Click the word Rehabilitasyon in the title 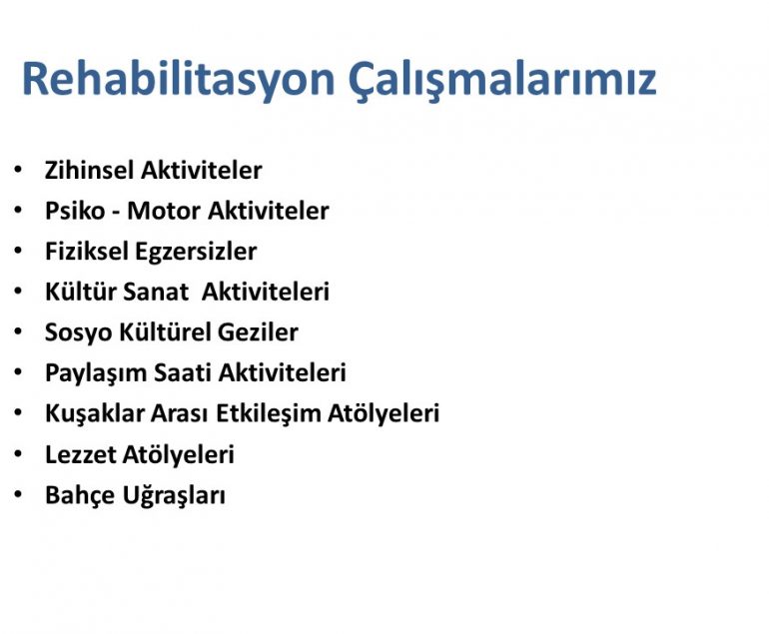pos(179,80)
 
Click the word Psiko pos(75,211)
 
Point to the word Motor pos(164,212)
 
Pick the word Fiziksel pos(86,251)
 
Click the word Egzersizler pos(196,252)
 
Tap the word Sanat pos(155,292)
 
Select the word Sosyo pos(79,332)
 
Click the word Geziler pos(258,331)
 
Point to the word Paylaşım pos(96,373)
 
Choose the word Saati pos(183,372)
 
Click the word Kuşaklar pos(94,413)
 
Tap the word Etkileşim pos(269,413)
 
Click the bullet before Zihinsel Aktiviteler pos(18,170)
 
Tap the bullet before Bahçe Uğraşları pos(18,494)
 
